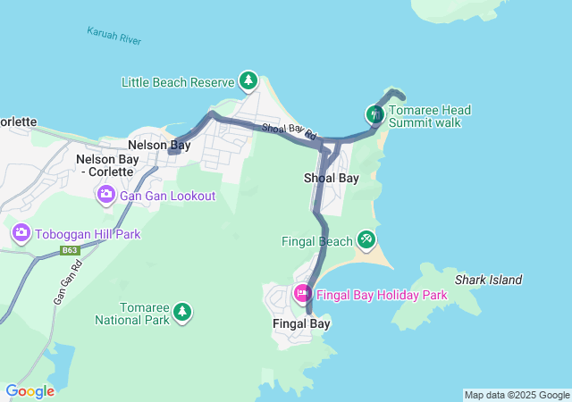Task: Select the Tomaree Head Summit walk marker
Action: [374, 114]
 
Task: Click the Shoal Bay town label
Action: [332, 178]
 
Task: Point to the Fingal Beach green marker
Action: [366, 239]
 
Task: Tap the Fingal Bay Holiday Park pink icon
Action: [302, 293]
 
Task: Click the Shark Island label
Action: [488, 280]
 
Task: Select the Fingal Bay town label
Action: [300, 324]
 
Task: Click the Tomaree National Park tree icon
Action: [182, 311]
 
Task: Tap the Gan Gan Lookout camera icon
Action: [105, 195]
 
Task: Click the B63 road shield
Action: [71, 251]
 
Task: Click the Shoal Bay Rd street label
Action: [290, 131]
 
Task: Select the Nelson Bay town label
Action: [159, 145]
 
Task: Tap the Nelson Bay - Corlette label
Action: [117, 165]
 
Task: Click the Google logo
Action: [29, 391]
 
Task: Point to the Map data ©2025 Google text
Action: [517, 395]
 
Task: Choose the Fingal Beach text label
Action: [317, 241]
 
